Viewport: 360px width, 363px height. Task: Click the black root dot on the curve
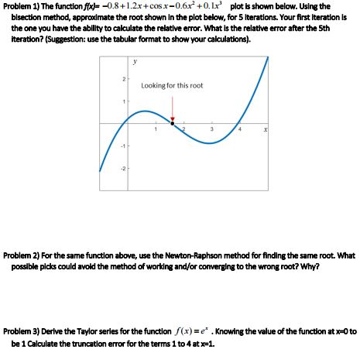click(172, 122)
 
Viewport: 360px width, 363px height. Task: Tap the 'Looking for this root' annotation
click(172, 85)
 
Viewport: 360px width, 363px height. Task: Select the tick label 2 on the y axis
click(122, 80)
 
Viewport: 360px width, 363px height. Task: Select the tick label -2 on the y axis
click(122, 165)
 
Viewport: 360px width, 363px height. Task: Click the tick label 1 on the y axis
click(122, 101)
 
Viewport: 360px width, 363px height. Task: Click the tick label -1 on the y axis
click(122, 144)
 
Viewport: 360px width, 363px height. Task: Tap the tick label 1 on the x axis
click(156, 129)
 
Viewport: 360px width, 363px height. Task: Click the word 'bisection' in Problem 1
click(29, 17)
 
